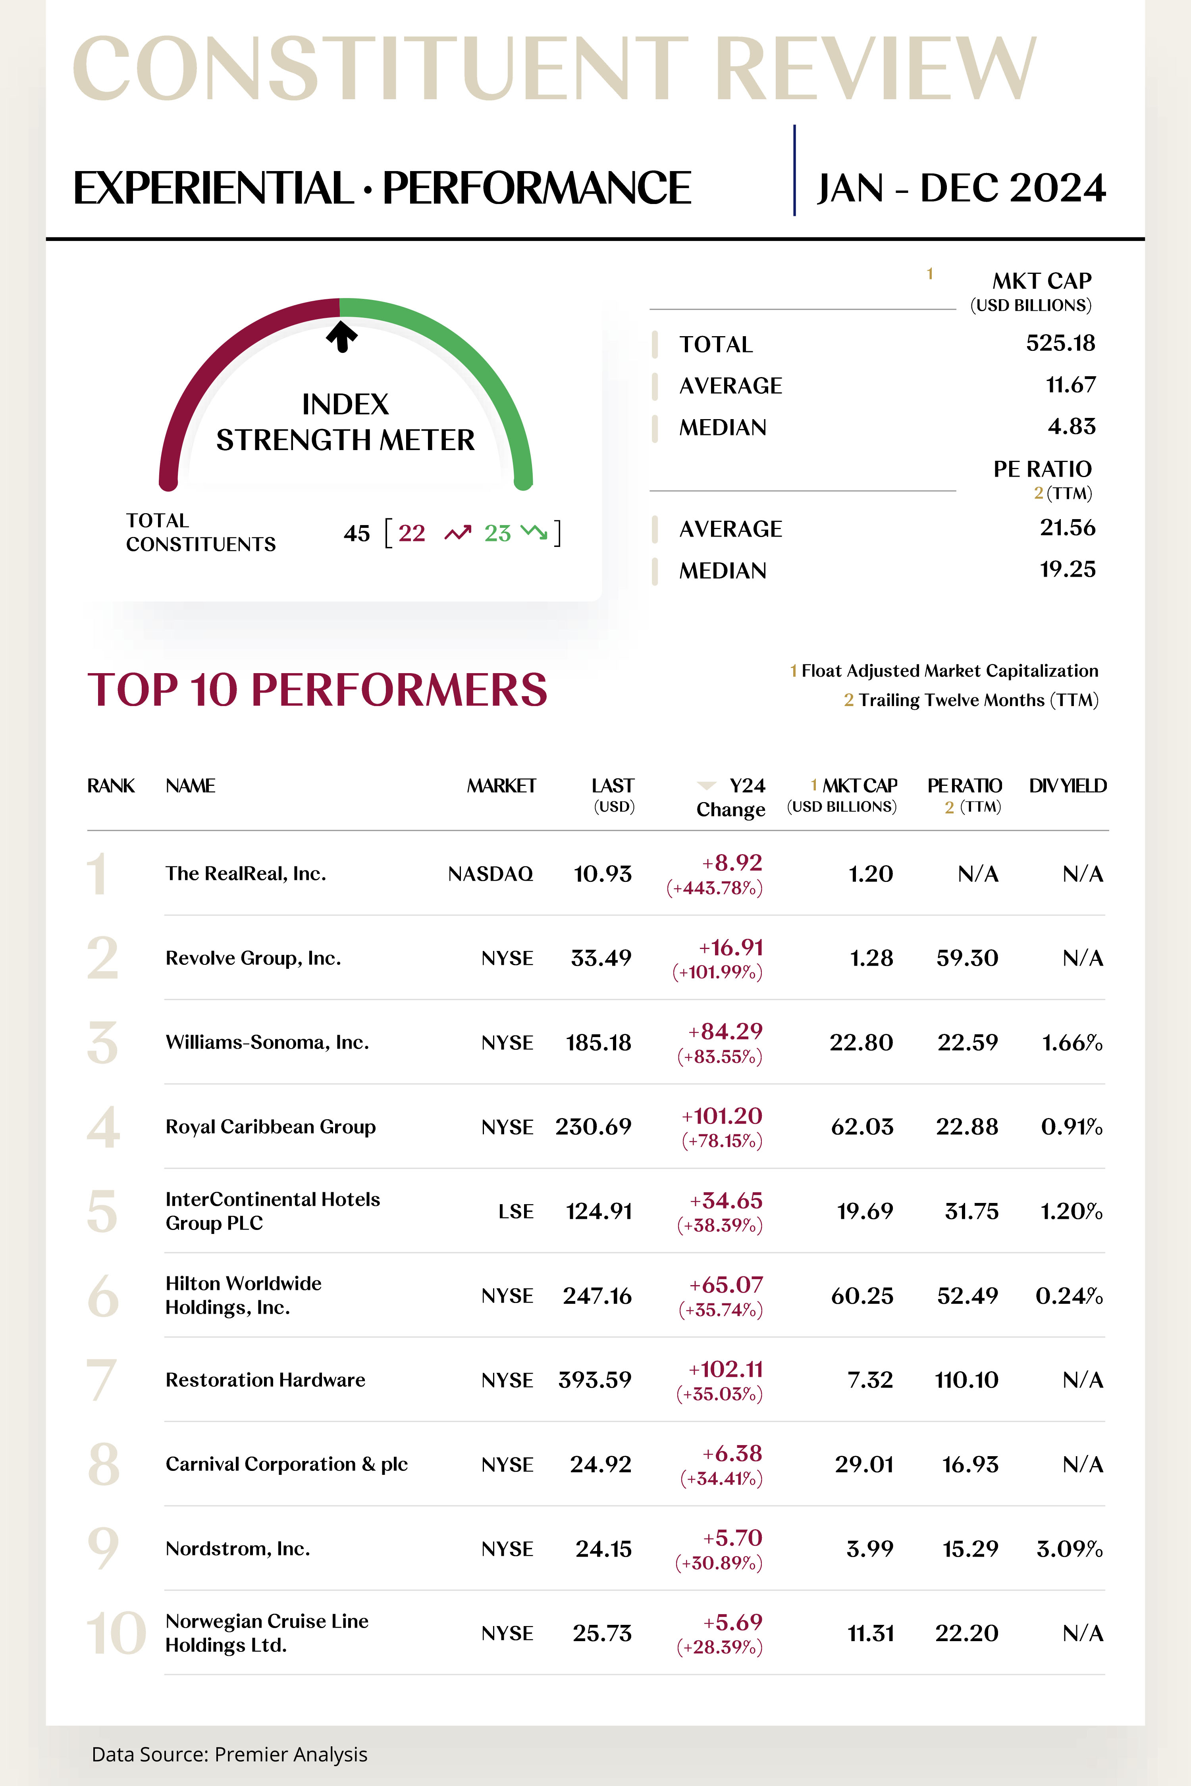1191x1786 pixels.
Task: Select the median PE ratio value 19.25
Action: pyautogui.click(x=1067, y=570)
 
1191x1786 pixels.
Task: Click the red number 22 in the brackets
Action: pyautogui.click(x=412, y=533)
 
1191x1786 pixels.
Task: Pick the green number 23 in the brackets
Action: pyautogui.click(x=497, y=533)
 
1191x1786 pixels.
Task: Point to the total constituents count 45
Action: pyautogui.click(x=356, y=533)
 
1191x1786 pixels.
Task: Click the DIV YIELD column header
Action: pyautogui.click(x=1067, y=786)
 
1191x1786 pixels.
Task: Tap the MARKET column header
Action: pyautogui.click(x=501, y=786)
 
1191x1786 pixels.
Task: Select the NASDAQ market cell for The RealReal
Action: pyautogui.click(x=490, y=874)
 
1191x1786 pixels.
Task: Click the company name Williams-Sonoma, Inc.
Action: pyautogui.click(x=267, y=1043)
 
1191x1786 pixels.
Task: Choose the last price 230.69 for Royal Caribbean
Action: pyautogui.click(x=593, y=1127)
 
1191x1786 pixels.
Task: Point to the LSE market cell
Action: pyautogui.click(x=516, y=1211)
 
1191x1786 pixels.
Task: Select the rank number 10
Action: pyautogui.click(x=116, y=1633)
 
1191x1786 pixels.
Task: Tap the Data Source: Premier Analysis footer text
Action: pyautogui.click(x=229, y=1754)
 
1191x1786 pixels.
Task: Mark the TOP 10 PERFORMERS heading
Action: pyautogui.click(x=318, y=689)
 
